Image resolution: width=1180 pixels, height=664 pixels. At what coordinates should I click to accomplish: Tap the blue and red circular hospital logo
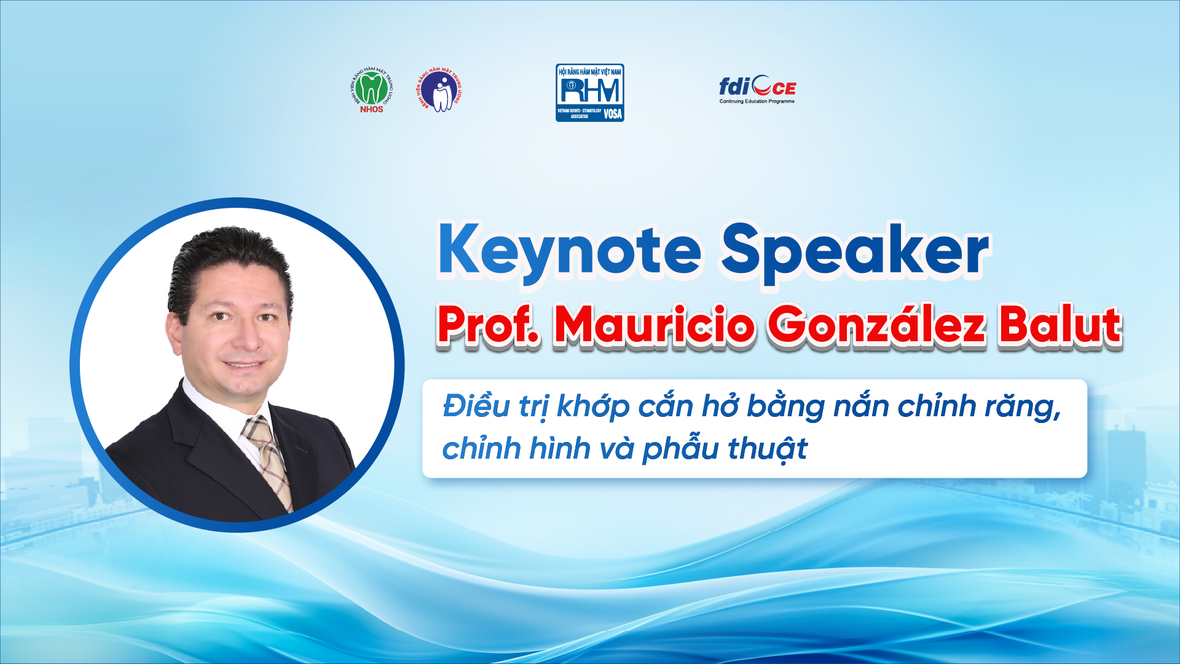pyautogui.click(x=439, y=90)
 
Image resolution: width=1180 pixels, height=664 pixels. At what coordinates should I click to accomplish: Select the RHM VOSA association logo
pyautogui.click(x=589, y=92)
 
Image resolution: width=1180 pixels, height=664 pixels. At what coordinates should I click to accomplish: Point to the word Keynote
pyautogui.click(x=569, y=251)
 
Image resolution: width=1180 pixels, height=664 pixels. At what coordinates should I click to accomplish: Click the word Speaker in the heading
pyautogui.click(x=854, y=251)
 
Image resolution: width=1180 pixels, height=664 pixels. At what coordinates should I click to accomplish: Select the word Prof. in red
pyautogui.click(x=489, y=325)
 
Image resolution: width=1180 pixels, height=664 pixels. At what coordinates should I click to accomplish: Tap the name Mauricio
pyautogui.click(x=654, y=325)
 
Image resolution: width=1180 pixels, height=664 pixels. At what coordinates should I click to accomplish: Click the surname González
pyautogui.click(x=876, y=325)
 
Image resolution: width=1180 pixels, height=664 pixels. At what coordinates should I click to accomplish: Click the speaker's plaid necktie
pyautogui.click(x=267, y=458)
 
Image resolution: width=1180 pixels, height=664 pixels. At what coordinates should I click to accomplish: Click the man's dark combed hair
pyautogui.click(x=230, y=258)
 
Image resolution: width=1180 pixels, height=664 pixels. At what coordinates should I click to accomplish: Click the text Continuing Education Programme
pyautogui.click(x=757, y=101)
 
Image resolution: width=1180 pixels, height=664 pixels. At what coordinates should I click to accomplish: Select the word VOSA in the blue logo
pyautogui.click(x=612, y=114)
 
